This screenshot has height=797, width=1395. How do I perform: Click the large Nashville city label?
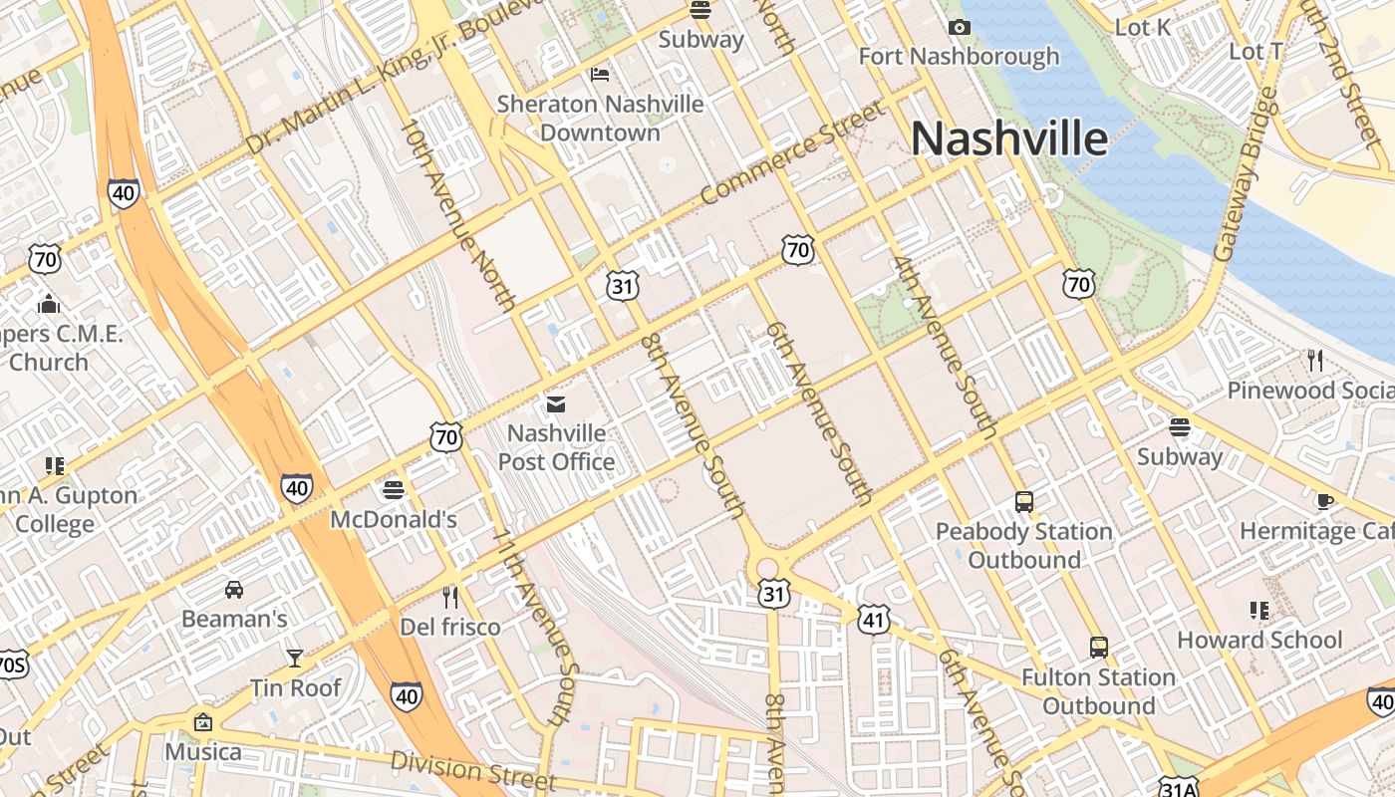coord(1008,138)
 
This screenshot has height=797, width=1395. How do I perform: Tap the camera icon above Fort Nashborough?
coord(960,27)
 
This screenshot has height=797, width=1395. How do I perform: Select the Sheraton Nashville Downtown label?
coord(600,118)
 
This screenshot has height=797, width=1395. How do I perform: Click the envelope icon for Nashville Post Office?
coord(555,403)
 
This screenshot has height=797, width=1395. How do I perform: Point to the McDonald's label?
coord(393,519)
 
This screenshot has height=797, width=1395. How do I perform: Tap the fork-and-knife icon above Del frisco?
coord(450,597)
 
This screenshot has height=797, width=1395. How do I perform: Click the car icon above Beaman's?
coord(234,589)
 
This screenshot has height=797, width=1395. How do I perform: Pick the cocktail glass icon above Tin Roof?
coord(295,658)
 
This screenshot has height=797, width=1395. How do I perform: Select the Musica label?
coord(203,751)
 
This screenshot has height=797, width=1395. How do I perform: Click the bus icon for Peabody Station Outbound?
coord(1024,501)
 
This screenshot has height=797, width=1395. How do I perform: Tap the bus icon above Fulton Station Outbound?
coord(1098,648)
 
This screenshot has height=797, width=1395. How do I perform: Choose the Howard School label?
coord(1259,640)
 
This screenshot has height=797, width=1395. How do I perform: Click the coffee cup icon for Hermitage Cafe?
coord(1324,501)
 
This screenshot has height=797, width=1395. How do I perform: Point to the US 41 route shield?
coord(873,620)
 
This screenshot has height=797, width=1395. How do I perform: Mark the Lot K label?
coord(1143,27)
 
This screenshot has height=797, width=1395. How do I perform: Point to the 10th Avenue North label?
coord(459,214)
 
